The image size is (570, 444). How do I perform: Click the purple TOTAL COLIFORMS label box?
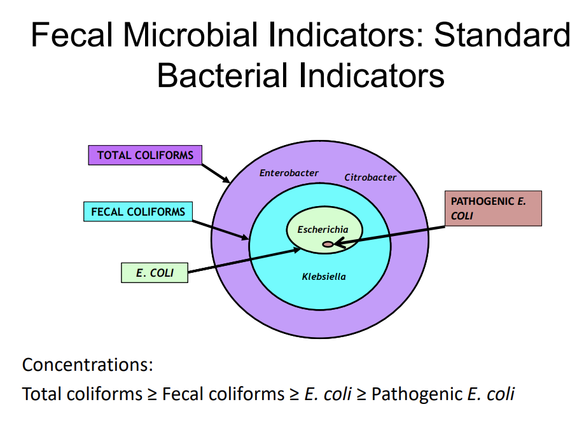tap(144, 155)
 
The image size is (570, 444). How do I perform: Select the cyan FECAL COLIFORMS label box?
tap(137, 212)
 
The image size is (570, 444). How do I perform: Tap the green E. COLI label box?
tap(154, 273)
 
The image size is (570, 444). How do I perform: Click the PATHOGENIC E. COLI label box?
tap(493, 209)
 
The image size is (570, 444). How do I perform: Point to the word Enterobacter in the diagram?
tap(289, 173)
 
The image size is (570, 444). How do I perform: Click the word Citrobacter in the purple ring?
tap(370, 177)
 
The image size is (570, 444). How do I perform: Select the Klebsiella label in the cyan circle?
tap(324, 277)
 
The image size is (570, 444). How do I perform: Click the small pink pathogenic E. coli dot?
tap(328, 244)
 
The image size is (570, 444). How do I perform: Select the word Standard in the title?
tap(502, 35)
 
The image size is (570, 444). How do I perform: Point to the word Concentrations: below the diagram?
tap(88, 365)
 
